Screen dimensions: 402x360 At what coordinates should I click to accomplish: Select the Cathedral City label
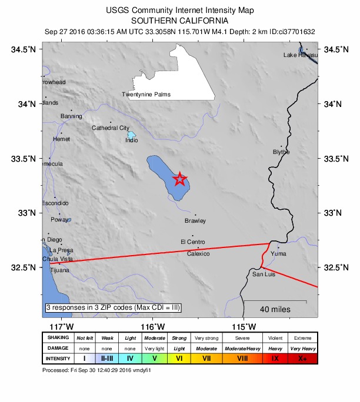point(110,128)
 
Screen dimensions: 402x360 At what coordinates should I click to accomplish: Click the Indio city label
point(132,140)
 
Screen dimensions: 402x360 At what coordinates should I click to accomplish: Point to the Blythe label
point(281,152)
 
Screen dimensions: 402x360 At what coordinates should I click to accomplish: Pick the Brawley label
point(195,221)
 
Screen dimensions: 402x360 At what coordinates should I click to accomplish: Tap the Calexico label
point(198,254)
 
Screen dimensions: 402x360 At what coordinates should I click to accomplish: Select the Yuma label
point(279,254)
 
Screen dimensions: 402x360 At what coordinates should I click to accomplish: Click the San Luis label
point(264,274)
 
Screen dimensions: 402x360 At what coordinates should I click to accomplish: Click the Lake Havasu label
point(300,55)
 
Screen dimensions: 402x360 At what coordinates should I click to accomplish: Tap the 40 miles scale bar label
point(275,310)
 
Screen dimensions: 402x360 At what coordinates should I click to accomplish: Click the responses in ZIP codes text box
point(113,307)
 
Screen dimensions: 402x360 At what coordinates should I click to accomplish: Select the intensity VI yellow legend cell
point(179,357)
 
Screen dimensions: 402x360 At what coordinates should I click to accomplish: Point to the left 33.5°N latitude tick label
point(24,159)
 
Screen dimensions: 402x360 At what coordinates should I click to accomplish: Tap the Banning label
point(71,116)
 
